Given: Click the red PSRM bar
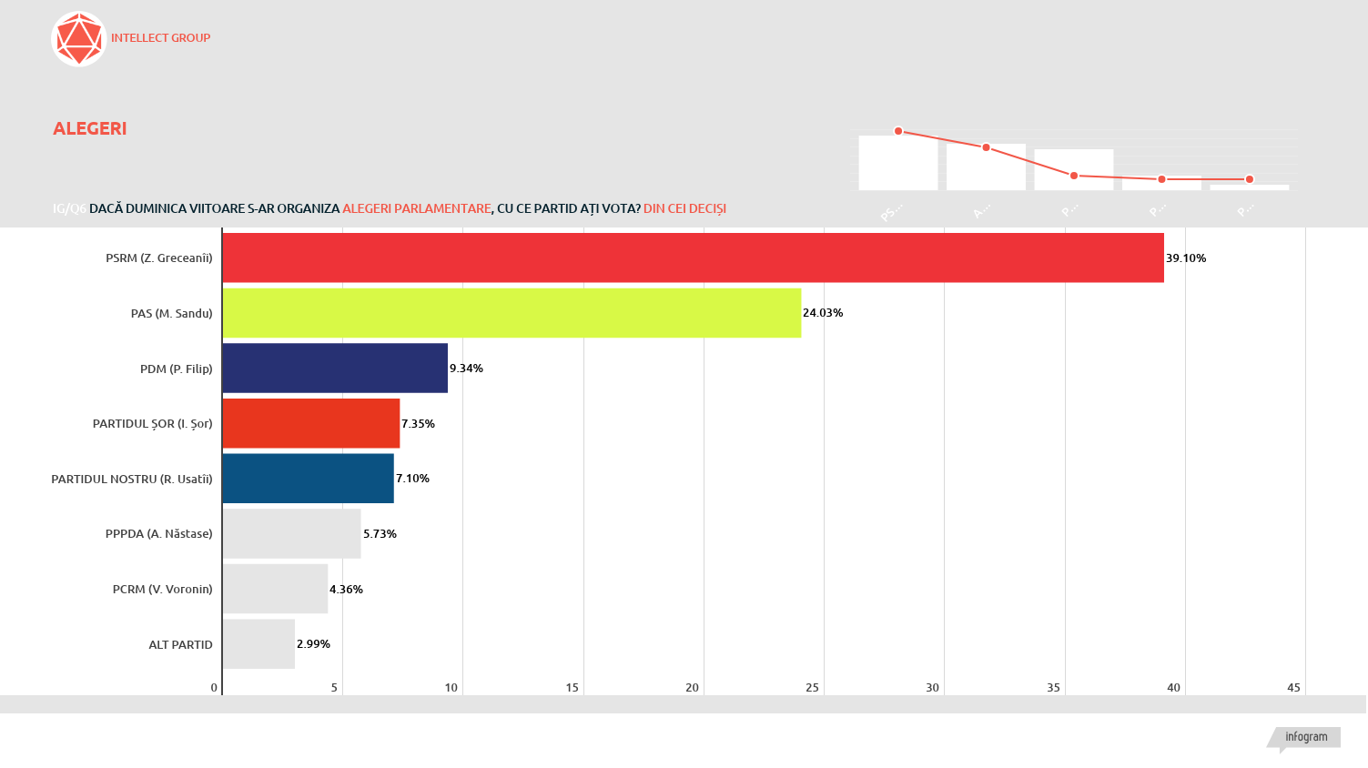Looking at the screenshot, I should (693, 258).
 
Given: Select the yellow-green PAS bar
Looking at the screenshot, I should (512, 313).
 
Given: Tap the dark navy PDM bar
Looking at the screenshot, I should (335, 368).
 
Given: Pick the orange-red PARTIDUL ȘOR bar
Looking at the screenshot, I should (311, 423).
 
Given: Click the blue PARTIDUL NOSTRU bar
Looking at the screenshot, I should (308, 479).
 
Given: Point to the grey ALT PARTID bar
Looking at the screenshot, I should (258, 644).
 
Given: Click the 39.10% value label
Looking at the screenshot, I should (1186, 258).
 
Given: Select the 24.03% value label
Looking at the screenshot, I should (823, 313).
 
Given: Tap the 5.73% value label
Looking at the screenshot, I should (380, 534).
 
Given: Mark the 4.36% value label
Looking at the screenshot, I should (346, 590).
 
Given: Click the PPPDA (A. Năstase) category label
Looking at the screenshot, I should (158, 534).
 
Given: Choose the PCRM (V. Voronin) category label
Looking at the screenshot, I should (162, 590).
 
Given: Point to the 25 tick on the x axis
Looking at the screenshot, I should (812, 688).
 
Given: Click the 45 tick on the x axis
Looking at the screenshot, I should (1293, 688).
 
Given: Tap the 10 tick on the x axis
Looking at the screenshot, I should (451, 688).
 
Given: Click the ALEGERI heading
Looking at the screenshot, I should (90, 128).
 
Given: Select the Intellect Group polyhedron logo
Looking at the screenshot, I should (79, 39).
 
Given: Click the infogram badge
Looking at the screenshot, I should (1306, 737).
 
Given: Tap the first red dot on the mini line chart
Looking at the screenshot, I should (898, 131).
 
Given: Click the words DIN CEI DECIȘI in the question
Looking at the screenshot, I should (684, 208).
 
